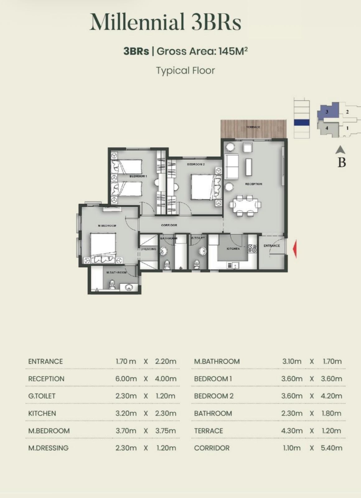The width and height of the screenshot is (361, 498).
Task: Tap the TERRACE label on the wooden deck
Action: click(x=253, y=127)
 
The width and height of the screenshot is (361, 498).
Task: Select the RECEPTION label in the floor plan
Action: click(x=254, y=184)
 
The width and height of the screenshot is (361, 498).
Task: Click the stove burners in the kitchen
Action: click(x=252, y=248)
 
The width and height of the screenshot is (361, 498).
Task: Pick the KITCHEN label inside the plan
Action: click(x=233, y=249)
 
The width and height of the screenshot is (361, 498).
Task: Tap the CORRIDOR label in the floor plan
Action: click(x=169, y=225)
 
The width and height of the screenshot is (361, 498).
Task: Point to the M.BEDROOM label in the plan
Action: click(x=107, y=226)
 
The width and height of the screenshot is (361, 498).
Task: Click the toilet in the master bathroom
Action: click(x=112, y=285)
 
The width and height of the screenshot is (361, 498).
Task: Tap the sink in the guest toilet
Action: click(x=203, y=251)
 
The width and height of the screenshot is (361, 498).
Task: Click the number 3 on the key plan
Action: click(x=327, y=112)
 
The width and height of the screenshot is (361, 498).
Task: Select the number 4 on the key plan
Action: click(x=326, y=128)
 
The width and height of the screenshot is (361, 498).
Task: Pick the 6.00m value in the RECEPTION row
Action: click(x=126, y=379)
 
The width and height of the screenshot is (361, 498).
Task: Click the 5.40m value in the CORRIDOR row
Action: click(x=331, y=448)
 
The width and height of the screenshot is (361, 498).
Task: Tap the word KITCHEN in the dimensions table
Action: click(x=42, y=414)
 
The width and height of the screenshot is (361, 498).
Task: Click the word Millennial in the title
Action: click(x=137, y=22)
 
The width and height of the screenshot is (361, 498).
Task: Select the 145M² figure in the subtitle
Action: click(x=233, y=51)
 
